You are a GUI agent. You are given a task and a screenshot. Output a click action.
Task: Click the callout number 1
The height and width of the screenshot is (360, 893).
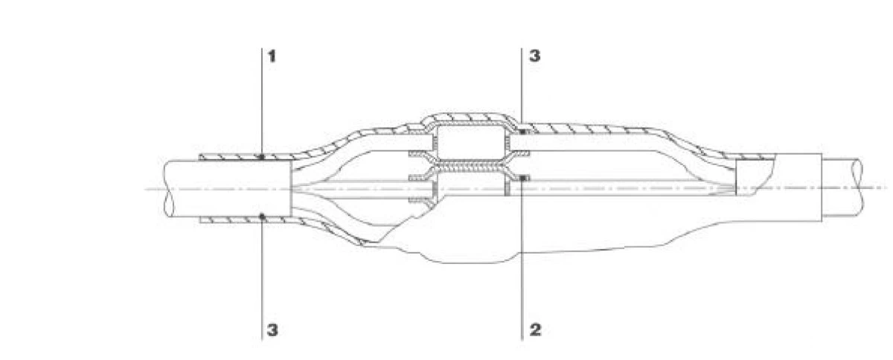[x=272, y=57]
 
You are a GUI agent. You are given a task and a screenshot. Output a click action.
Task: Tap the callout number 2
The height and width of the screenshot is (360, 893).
[x=535, y=330]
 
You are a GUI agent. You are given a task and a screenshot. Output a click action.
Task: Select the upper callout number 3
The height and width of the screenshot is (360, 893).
[x=534, y=56]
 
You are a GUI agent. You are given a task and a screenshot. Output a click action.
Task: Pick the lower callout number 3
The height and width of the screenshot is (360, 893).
[x=272, y=330]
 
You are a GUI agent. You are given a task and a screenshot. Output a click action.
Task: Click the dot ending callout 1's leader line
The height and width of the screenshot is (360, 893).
[x=261, y=157]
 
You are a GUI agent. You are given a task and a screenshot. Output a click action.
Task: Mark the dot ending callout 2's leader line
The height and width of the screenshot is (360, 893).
[x=522, y=179]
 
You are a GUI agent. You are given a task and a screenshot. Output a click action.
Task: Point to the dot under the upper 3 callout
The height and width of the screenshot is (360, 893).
[x=522, y=131]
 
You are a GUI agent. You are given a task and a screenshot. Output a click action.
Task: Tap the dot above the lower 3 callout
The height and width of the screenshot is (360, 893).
[x=262, y=216]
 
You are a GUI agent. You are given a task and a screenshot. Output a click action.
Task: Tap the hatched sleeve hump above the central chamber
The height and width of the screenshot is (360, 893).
[x=470, y=118]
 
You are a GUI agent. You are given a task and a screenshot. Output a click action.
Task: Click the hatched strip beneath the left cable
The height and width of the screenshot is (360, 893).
[x=245, y=220]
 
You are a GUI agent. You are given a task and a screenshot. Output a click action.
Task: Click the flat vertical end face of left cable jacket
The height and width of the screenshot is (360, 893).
[x=292, y=189]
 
